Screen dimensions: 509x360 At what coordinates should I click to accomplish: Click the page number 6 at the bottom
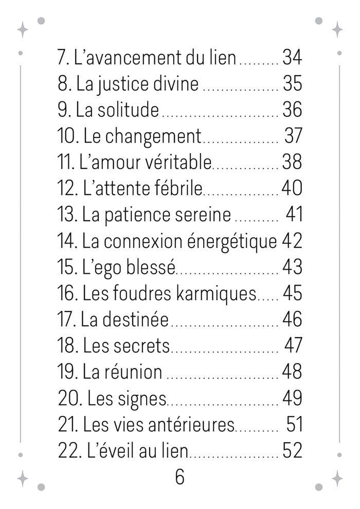point(179,477)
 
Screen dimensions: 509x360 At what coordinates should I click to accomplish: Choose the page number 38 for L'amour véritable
point(292,162)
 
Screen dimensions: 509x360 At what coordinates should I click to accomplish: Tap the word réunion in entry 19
point(134,372)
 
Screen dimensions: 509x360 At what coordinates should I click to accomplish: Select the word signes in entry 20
point(142,398)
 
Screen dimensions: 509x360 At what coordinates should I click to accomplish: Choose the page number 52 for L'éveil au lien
point(292,451)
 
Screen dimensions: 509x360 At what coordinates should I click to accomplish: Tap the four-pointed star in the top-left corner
point(23,29)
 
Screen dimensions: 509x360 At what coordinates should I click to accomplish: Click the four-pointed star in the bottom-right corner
point(337,478)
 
